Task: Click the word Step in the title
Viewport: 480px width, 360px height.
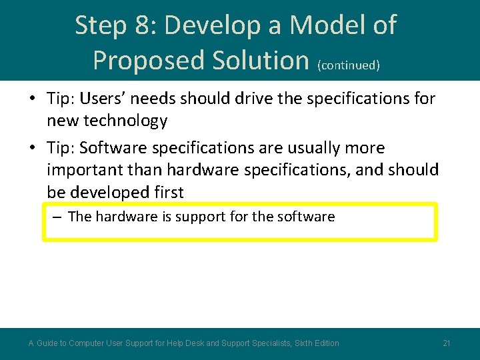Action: click(100, 26)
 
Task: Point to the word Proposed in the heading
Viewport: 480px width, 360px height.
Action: click(150, 61)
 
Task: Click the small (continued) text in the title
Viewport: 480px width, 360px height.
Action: click(349, 65)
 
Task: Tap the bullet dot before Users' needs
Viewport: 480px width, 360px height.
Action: click(31, 99)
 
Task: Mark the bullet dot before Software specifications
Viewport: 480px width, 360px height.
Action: click(31, 148)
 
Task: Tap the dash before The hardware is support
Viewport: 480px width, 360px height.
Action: click(58, 217)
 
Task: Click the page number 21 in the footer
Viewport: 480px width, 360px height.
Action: click(447, 343)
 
